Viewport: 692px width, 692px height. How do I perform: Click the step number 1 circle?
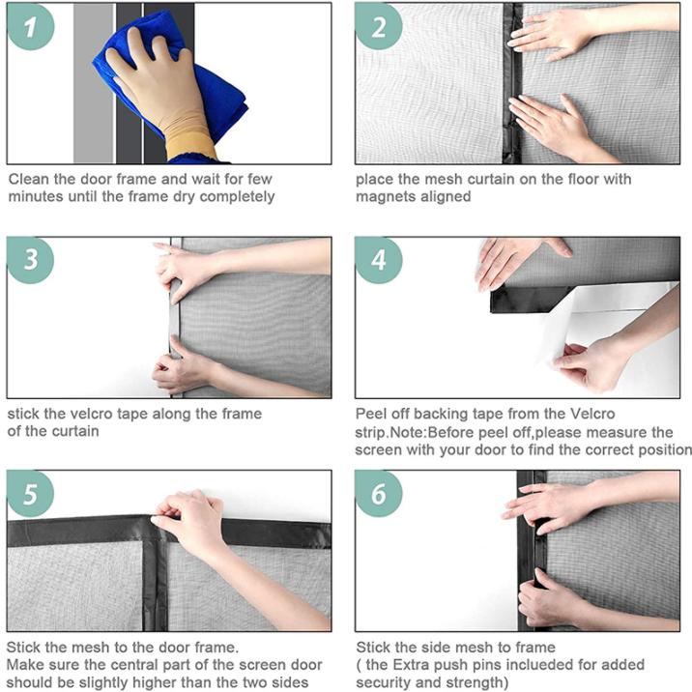[x=30, y=26]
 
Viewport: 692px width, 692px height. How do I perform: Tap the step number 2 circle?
[x=379, y=26]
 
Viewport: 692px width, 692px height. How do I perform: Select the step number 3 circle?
[x=30, y=260]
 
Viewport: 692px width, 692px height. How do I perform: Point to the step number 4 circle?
[x=379, y=260]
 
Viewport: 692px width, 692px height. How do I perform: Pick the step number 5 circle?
[x=30, y=494]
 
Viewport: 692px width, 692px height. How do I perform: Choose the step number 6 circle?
[x=379, y=494]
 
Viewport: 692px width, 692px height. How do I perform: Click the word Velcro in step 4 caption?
[x=592, y=414]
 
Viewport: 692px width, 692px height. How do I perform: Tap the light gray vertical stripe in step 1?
[x=93, y=83]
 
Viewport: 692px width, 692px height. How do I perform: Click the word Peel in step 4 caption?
[x=370, y=414]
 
